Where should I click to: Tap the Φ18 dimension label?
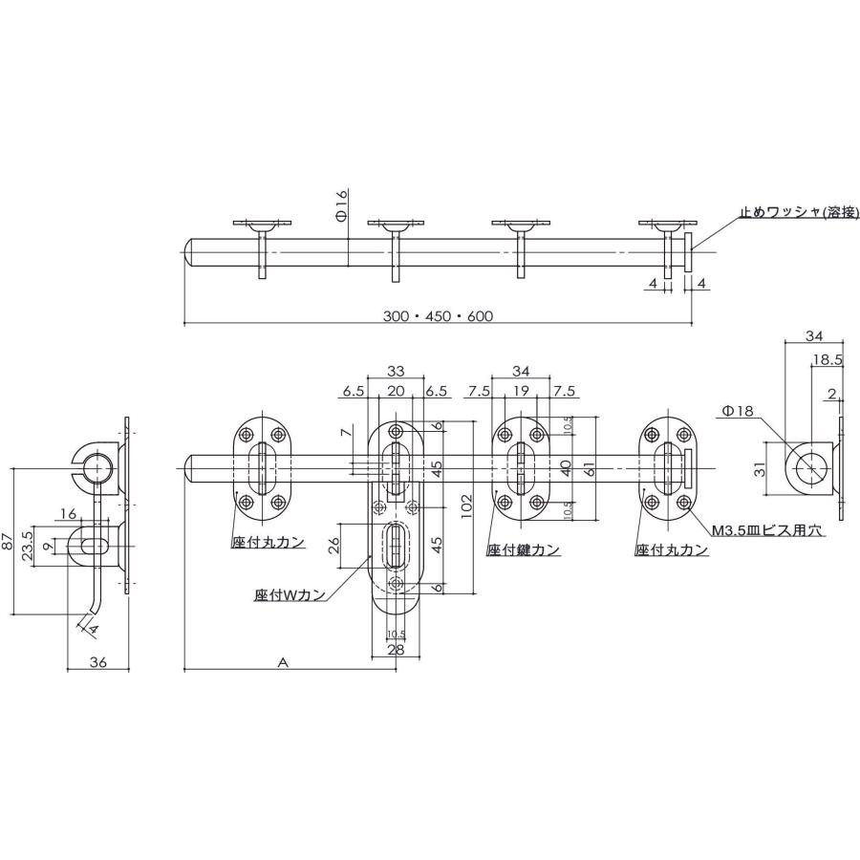[739, 411]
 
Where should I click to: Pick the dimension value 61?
[591, 468]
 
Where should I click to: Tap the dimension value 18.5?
[828, 359]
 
